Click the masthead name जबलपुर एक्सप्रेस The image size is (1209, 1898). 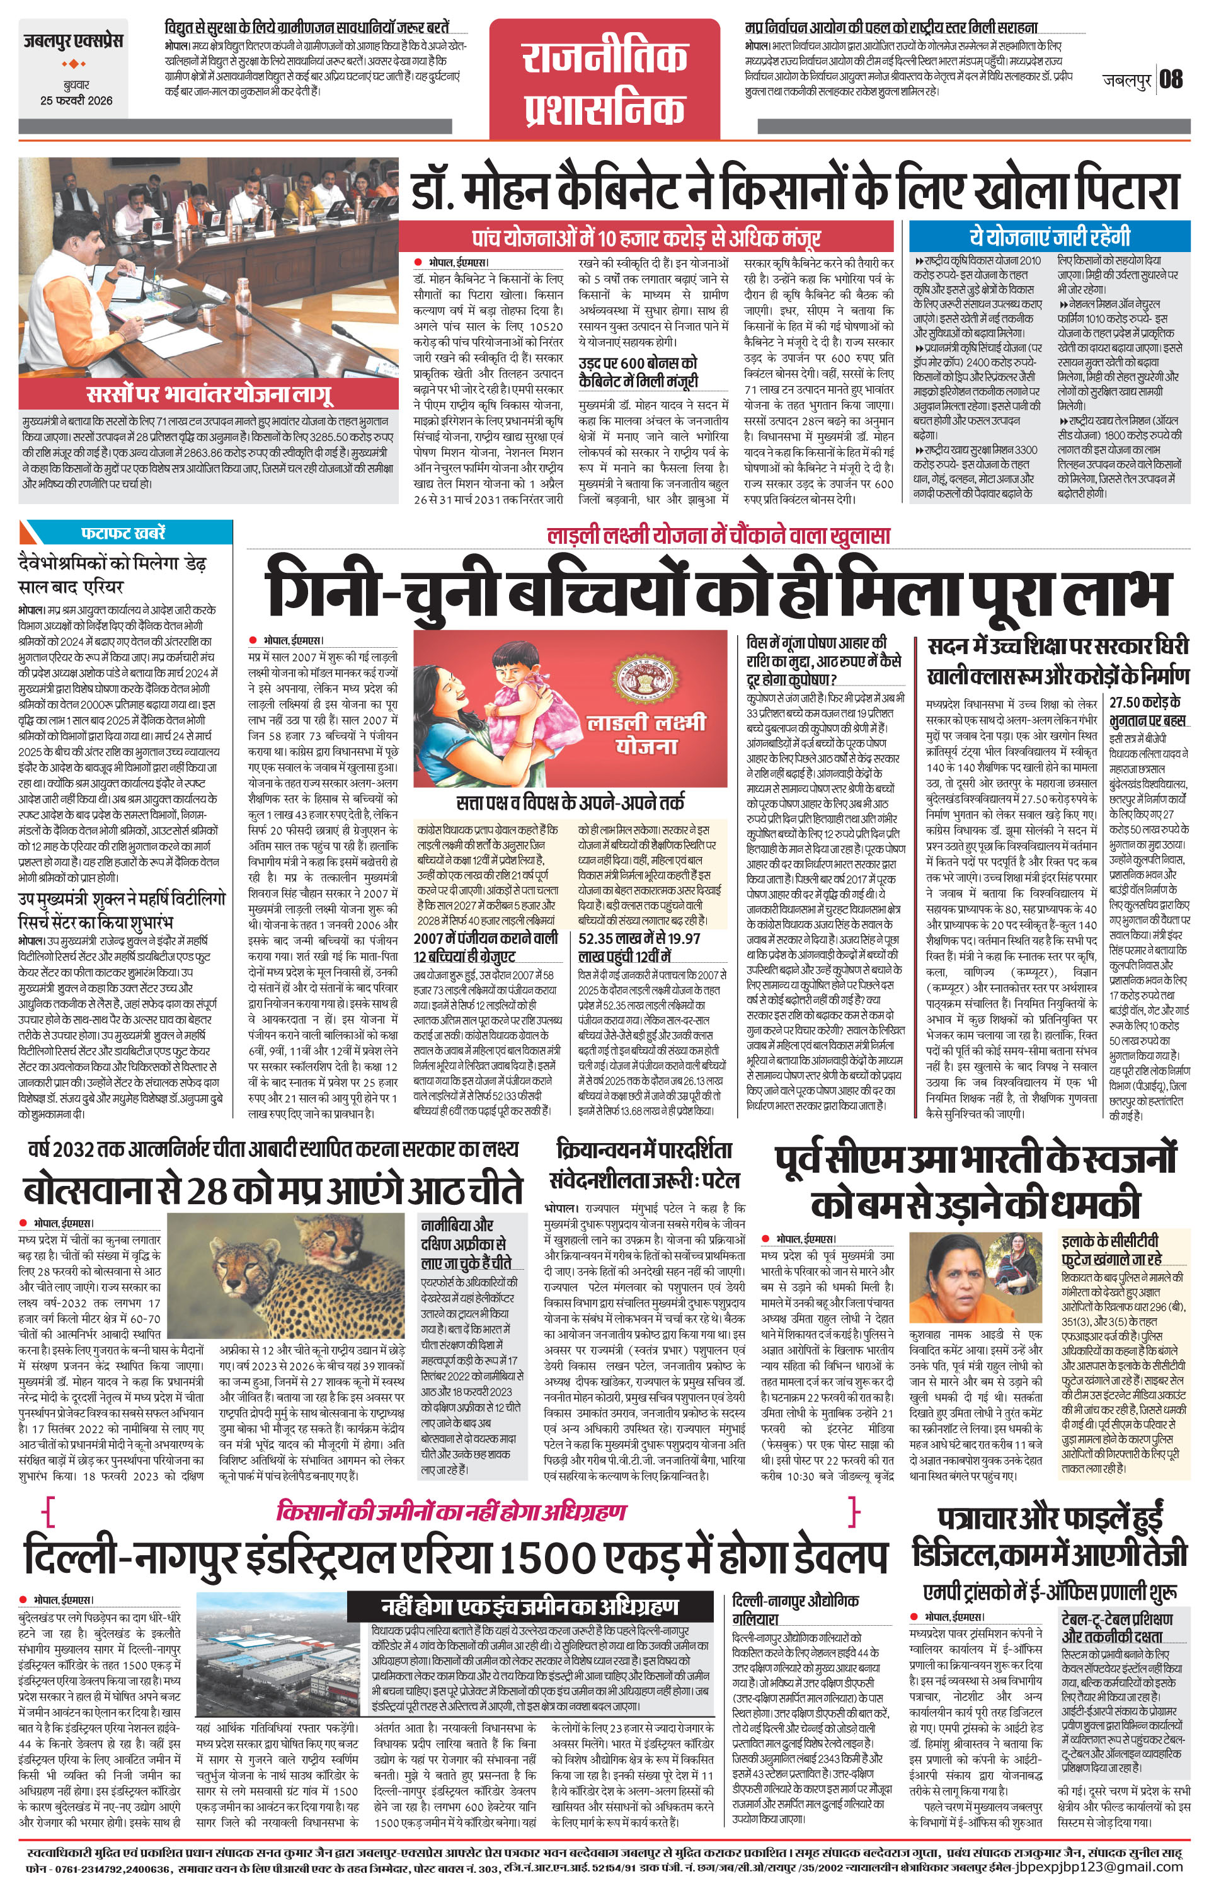(x=72, y=41)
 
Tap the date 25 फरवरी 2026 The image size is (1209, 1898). (x=76, y=100)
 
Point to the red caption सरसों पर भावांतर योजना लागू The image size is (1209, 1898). (x=209, y=394)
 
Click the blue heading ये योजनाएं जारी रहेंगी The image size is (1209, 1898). (x=1050, y=236)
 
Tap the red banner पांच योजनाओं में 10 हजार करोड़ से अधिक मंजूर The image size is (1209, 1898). (x=646, y=237)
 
